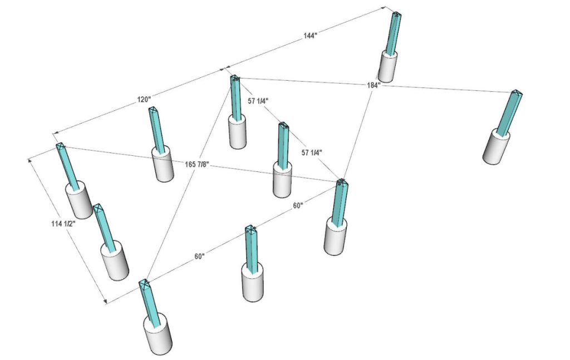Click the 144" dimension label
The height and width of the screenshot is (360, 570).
point(309,36)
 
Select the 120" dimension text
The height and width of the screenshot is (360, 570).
point(144,100)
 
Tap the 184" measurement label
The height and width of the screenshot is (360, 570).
point(373,86)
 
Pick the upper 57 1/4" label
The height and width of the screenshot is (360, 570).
point(258,101)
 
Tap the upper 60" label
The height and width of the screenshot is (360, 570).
point(298,206)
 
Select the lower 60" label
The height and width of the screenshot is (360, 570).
point(199,257)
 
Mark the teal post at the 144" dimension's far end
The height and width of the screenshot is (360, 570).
point(394,33)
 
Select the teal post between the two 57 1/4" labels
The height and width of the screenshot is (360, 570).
point(284,144)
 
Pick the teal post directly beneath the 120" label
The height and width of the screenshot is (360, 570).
point(156,130)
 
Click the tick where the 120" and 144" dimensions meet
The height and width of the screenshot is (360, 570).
point(223,68)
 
